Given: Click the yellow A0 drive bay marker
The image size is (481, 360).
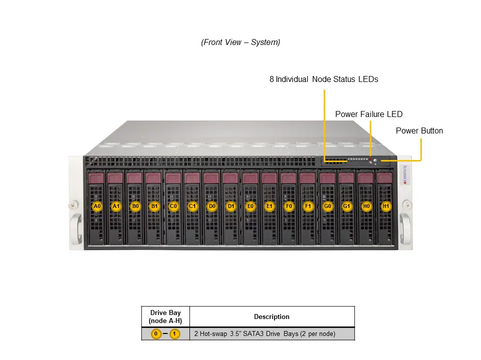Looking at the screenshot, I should tap(97, 206).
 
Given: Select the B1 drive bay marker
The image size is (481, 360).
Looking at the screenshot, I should tap(154, 206).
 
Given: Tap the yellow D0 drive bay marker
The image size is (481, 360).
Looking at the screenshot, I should tap(212, 206).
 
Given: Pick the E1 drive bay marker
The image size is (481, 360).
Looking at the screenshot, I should tap(270, 206).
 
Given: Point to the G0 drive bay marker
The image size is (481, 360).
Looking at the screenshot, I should tap(328, 206).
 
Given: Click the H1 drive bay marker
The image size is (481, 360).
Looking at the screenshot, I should tap(385, 206).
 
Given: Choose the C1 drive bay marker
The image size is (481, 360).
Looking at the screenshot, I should tap(192, 206).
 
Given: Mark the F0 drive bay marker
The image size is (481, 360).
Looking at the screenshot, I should tap(289, 206).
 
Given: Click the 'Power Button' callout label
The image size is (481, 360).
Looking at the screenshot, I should tap(419, 131).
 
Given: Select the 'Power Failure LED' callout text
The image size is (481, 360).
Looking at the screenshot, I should tap(368, 114).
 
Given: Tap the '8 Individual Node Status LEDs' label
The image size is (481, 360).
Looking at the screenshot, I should tap(324, 79).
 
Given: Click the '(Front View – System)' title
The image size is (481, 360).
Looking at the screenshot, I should tap(241, 42).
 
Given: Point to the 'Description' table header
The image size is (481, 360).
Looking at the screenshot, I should tap(272, 316).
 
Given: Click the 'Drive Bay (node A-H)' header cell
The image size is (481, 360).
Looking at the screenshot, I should tap(165, 316).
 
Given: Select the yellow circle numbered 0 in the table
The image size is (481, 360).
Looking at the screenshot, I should tap(156, 333).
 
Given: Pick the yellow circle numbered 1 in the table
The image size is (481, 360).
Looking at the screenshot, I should tap(174, 333).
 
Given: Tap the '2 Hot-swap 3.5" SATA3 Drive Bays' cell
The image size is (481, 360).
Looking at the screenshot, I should tap(265, 333).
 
